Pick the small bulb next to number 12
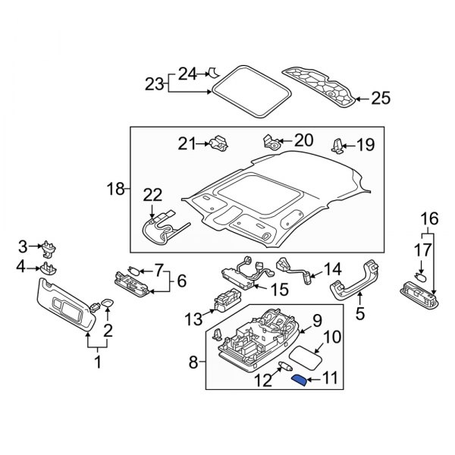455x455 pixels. (x=287, y=368)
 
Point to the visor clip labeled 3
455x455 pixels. (x=52, y=248)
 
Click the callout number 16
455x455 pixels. (x=430, y=219)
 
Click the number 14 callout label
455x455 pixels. (x=334, y=268)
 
